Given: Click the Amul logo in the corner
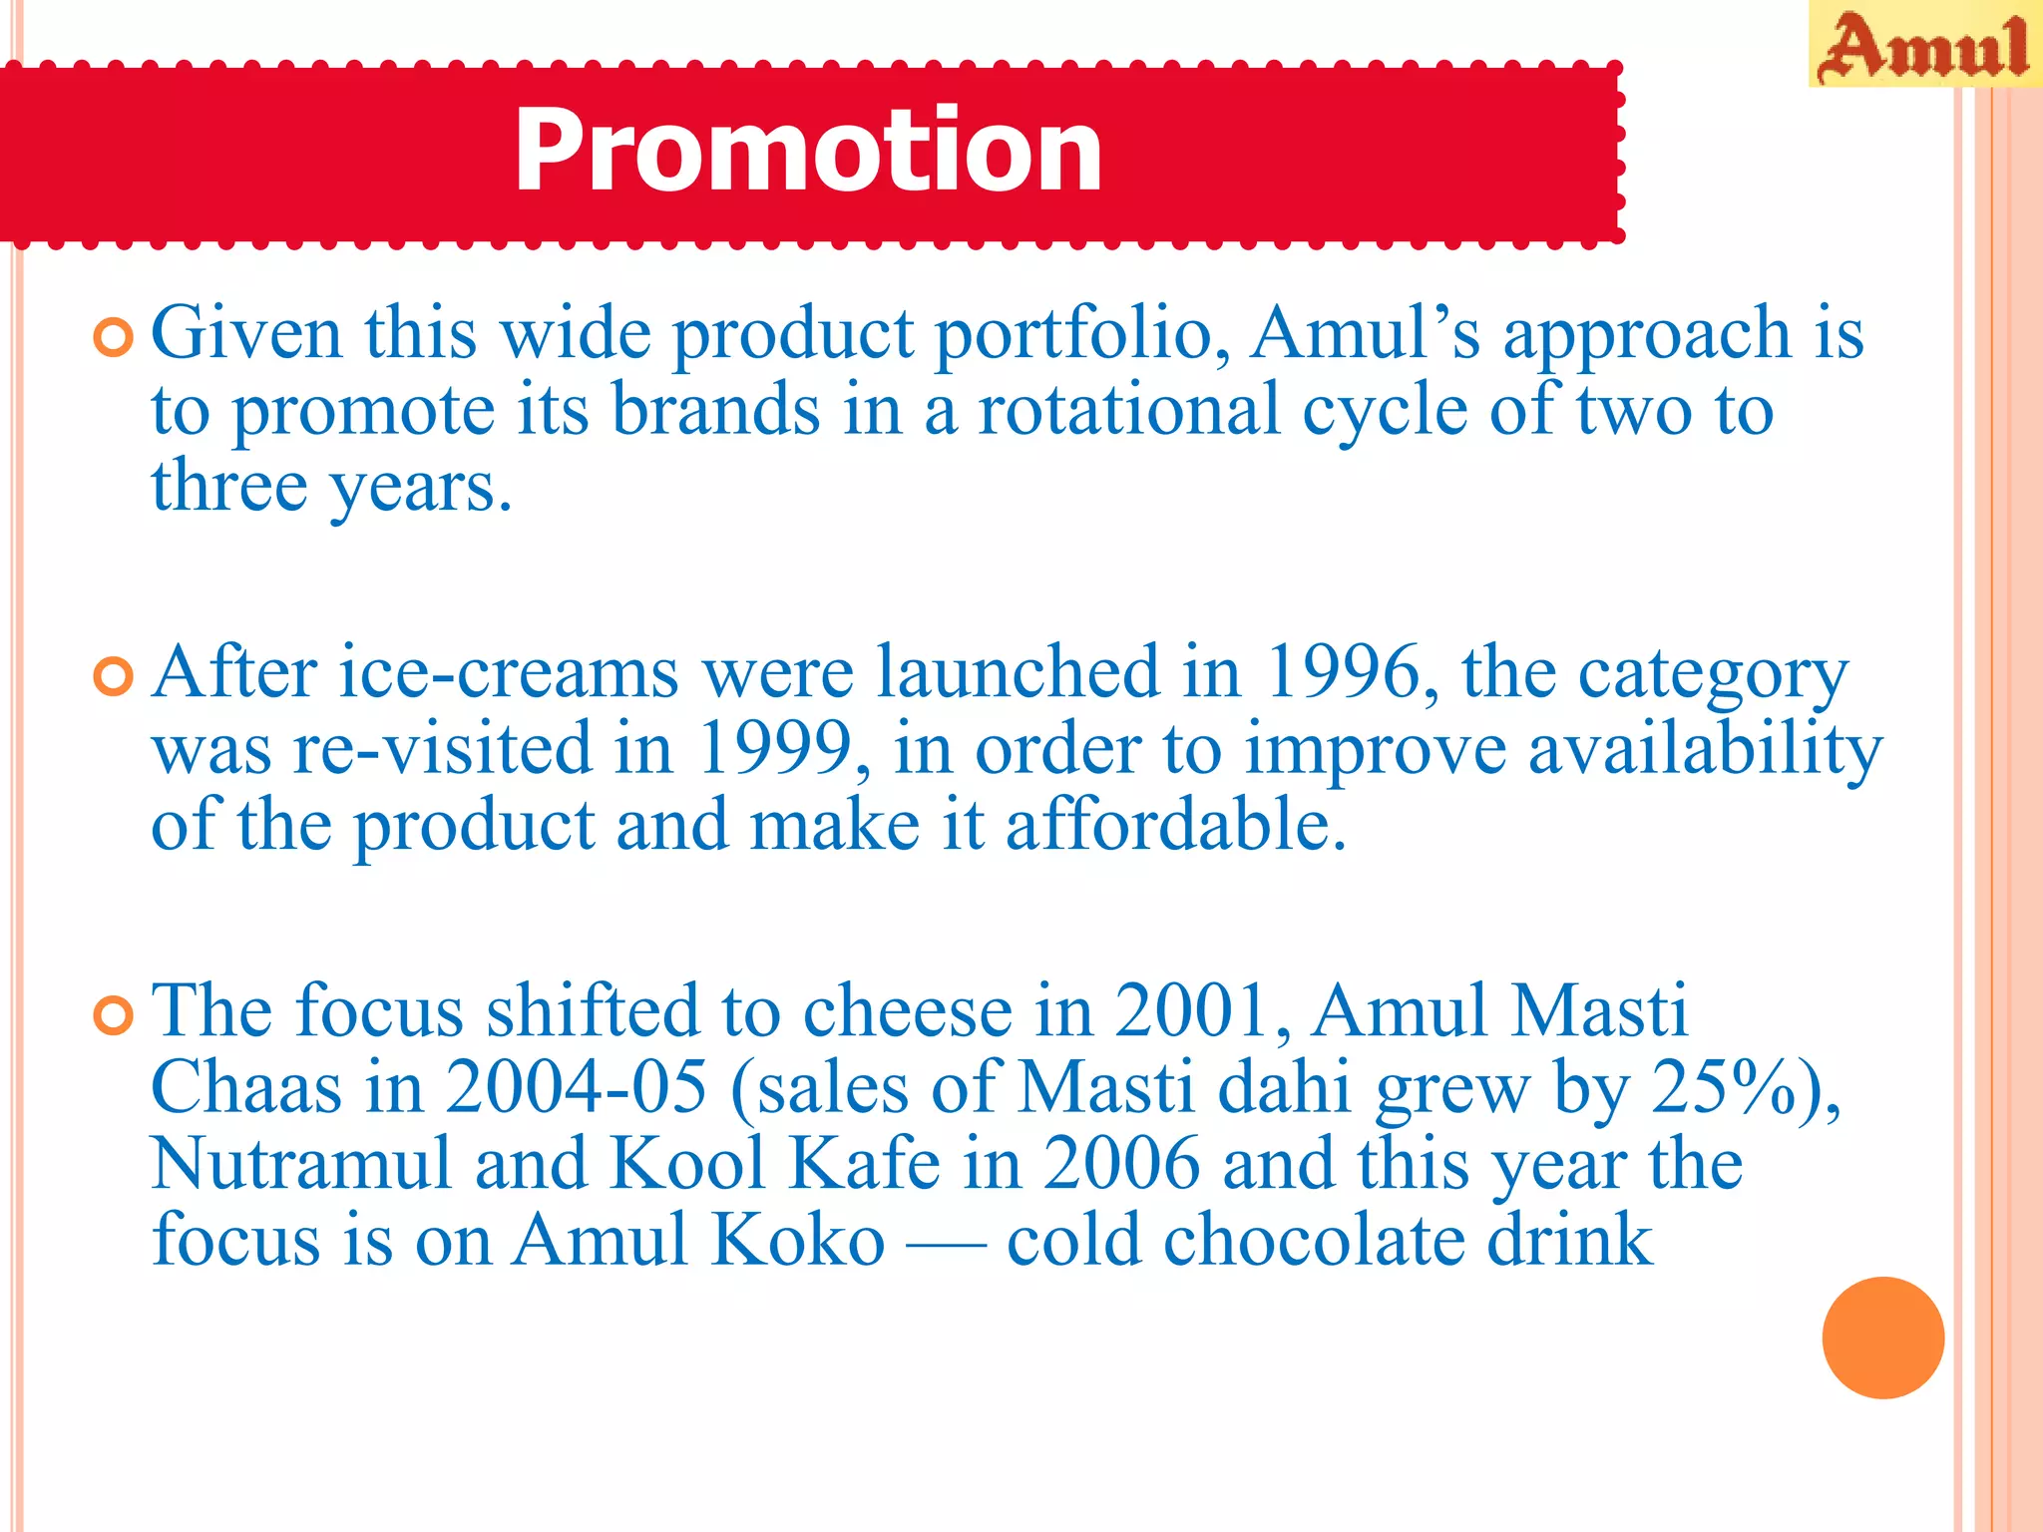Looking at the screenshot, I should [x=1924, y=46].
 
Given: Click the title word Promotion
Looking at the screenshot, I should [x=808, y=151].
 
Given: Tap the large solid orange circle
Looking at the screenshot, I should [x=1882, y=1338].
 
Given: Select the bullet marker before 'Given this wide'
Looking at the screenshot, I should [x=113, y=338].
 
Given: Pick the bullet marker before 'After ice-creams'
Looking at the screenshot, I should [x=113, y=677].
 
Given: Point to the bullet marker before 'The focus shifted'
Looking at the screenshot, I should [x=113, y=1016].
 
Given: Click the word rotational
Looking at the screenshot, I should [x=1128, y=410].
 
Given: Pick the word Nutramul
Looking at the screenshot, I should [x=301, y=1164].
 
